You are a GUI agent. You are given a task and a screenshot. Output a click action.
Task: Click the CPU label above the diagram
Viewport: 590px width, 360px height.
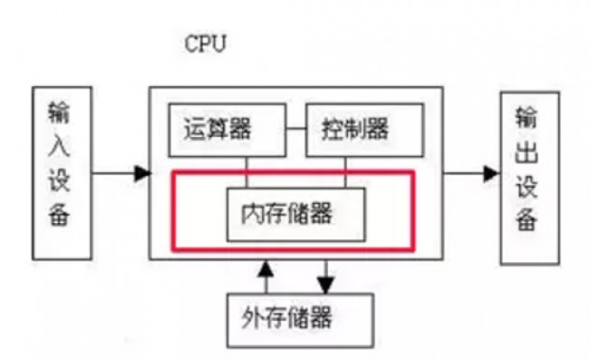206,44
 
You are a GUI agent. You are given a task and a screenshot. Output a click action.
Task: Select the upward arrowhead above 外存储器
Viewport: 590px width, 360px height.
265,268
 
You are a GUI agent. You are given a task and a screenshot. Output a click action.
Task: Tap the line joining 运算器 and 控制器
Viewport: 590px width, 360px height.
294,126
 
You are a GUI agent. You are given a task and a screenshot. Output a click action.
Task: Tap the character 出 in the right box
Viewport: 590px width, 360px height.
530,151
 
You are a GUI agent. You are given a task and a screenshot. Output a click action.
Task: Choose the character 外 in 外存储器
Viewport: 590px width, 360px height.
255,318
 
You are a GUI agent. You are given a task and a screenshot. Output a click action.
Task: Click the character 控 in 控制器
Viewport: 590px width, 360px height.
333,129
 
